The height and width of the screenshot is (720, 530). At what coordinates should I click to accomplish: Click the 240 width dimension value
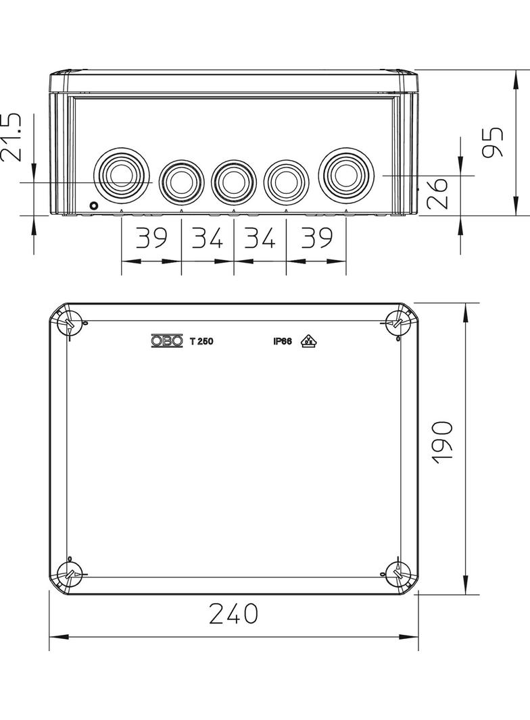click(233, 613)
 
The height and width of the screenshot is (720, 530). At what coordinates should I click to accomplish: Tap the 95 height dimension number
click(496, 142)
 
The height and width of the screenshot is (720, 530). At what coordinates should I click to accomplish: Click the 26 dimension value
click(439, 192)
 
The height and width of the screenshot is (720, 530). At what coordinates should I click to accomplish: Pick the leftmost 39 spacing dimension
click(151, 238)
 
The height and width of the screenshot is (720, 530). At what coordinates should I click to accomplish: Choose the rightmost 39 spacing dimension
click(316, 238)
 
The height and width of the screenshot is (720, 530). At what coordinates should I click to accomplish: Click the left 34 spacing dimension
click(208, 238)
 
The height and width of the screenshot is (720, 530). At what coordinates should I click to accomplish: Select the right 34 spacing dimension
click(260, 238)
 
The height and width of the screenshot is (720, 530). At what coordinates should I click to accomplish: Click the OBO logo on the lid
click(166, 341)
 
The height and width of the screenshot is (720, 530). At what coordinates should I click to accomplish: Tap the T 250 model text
click(201, 341)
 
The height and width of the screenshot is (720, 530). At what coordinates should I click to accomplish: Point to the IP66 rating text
click(282, 341)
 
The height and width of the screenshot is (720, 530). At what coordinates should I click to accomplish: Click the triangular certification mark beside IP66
click(309, 341)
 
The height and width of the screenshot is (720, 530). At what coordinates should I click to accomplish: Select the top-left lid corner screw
click(70, 324)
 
